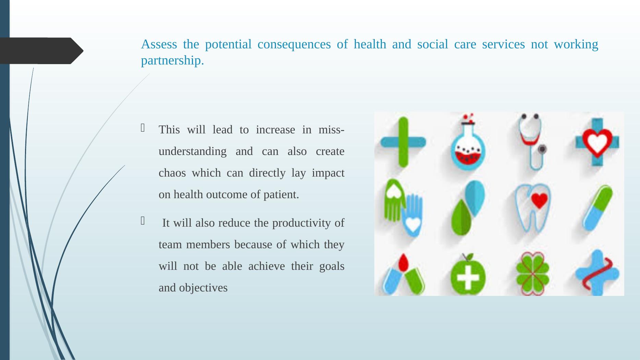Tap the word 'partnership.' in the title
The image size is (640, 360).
(x=172, y=61)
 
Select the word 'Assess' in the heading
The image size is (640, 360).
(x=159, y=44)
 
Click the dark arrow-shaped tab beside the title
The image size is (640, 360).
(x=41, y=51)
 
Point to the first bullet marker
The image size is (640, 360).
(x=143, y=128)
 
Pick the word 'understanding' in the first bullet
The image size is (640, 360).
(x=192, y=152)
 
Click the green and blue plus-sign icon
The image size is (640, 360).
(x=403, y=142)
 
